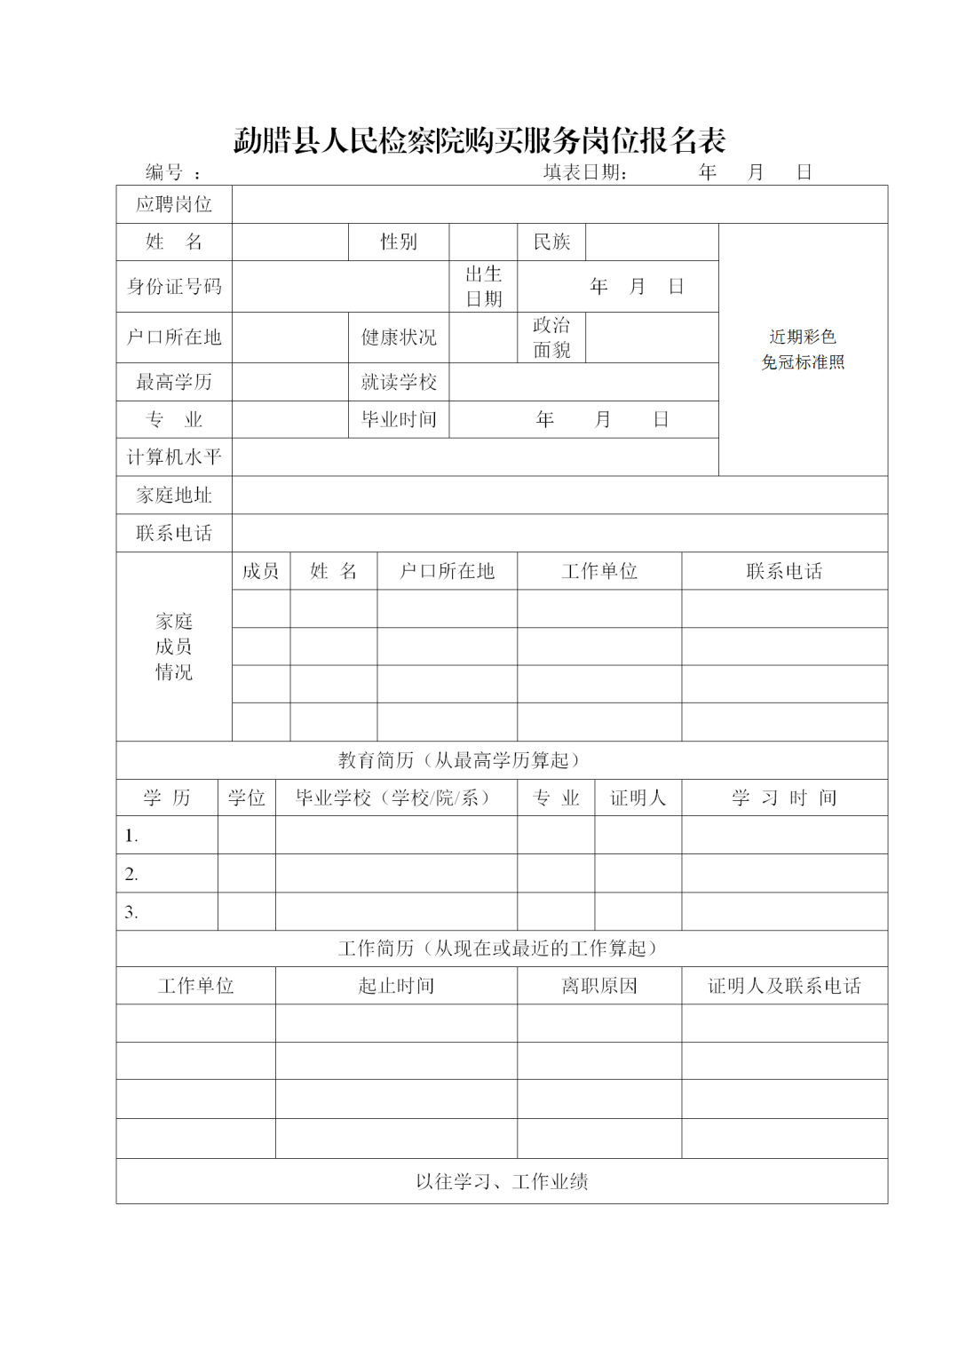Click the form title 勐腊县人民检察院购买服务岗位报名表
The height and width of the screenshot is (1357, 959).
[479, 140]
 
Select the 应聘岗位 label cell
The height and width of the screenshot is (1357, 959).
[174, 204]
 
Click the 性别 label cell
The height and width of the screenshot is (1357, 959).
[399, 242]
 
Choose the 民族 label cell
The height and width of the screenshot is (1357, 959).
[551, 242]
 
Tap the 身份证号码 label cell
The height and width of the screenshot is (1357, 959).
[174, 286]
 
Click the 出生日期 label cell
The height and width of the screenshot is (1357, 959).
[484, 286]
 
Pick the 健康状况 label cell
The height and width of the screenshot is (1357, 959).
[399, 337]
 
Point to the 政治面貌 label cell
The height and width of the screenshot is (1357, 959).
[551, 337]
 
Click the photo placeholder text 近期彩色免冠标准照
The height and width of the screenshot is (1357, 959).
[803, 349]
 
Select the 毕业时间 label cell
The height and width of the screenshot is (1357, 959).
[399, 419]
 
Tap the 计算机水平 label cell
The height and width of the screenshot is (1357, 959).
[174, 456]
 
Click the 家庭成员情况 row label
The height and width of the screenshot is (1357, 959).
[174, 647]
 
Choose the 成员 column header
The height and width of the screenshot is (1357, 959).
[261, 571]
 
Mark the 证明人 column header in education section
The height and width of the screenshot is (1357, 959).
[638, 798]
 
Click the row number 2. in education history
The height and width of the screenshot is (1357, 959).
[131, 874]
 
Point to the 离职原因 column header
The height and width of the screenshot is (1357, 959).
[599, 986]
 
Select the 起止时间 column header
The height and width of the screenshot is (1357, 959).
[396, 986]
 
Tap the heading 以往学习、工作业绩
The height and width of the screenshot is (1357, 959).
[502, 1181]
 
